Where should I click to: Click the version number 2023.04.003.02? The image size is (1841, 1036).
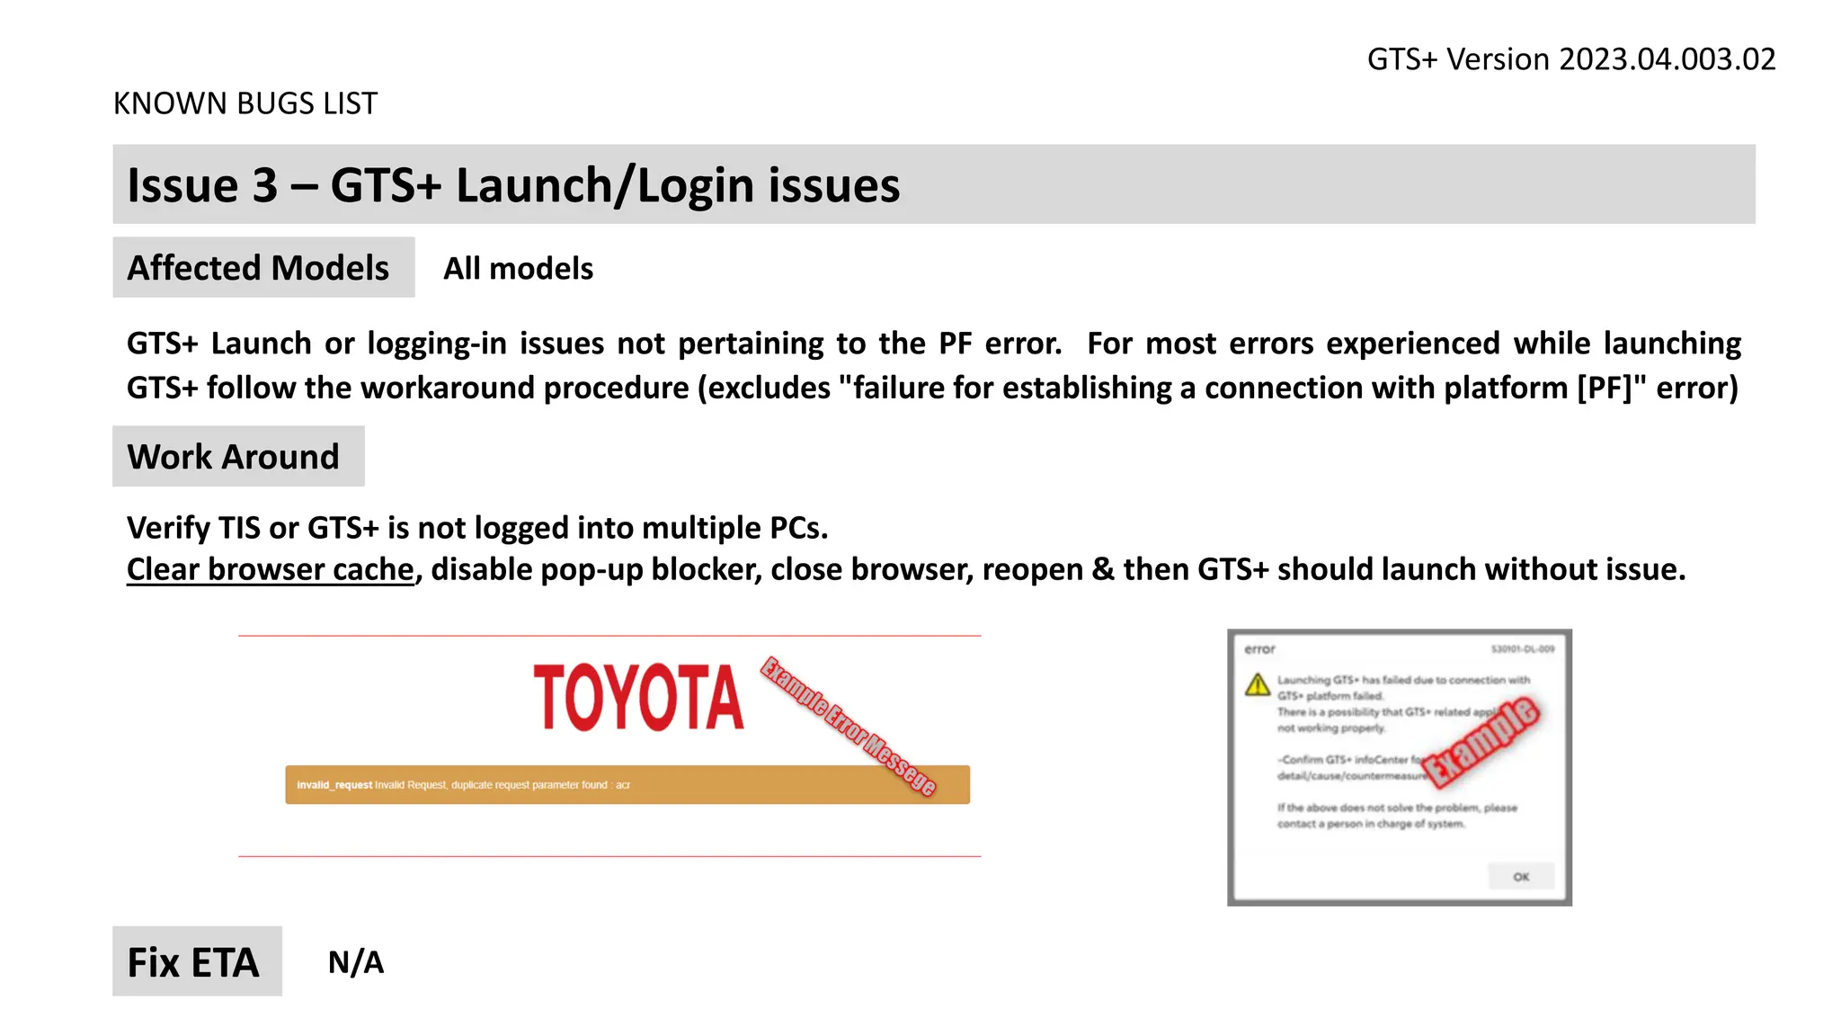pos(1667,59)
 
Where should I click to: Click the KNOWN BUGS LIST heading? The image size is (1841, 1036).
pos(245,103)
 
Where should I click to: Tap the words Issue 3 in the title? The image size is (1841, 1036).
pos(202,185)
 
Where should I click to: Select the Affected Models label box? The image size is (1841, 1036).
pos(263,268)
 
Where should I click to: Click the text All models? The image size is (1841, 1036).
pos(518,269)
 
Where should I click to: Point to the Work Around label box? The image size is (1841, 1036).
pos(238,457)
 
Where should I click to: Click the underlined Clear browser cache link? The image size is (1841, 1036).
pos(270,569)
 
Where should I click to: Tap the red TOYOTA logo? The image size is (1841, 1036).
pos(638,698)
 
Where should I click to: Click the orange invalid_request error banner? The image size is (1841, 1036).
pos(627,785)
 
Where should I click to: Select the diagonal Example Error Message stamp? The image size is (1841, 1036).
pos(848,726)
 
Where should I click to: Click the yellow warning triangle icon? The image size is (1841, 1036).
pos(1258,685)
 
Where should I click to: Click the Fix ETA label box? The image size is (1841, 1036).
pos(197,961)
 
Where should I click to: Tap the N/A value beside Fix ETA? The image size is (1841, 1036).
pos(356,962)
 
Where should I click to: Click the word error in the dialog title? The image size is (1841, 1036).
pos(1259,649)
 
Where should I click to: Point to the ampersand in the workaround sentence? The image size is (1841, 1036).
pos(1103,569)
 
